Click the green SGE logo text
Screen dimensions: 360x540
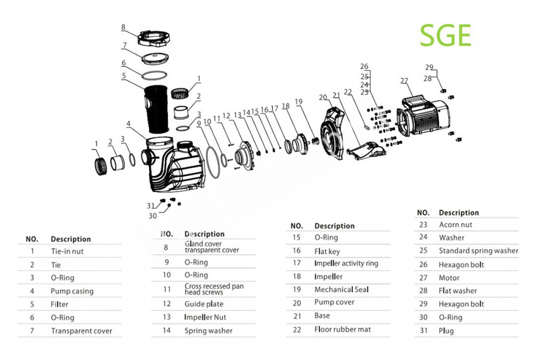(x=445, y=36)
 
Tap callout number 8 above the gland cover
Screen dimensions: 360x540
(x=123, y=27)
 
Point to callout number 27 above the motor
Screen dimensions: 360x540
(x=404, y=81)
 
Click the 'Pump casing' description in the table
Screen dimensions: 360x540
(x=72, y=291)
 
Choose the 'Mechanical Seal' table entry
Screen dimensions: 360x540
(x=341, y=289)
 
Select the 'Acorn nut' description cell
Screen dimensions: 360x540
(x=455, y=225)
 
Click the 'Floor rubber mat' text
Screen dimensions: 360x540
(x=342, y=329)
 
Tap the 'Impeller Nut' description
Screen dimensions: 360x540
(x=205, y=317)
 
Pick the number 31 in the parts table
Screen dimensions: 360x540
(x=423, y=331)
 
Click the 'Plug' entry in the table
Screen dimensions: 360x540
(x=446, y=331)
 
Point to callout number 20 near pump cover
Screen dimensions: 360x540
(x=322, y=97)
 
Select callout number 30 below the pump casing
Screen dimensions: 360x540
(x=153, y=216)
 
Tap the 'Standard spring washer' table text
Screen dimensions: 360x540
(x=478, y=251)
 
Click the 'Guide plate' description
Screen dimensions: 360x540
(x=204, y=304)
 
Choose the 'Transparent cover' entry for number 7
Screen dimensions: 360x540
(x=81, y=331)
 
